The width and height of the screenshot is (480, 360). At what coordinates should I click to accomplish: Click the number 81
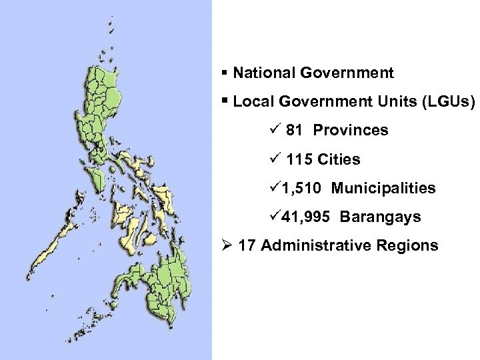295,130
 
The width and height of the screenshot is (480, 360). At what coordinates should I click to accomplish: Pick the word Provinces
351,130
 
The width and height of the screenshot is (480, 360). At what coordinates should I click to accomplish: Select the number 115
299,159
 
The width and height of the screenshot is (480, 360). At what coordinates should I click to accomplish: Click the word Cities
339,159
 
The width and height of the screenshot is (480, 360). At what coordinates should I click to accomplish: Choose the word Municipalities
383,189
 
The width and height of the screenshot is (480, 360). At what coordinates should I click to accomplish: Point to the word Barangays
380,217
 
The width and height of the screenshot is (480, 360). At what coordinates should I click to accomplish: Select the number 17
247,245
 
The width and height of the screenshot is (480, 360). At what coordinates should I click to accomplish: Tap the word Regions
407,245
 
